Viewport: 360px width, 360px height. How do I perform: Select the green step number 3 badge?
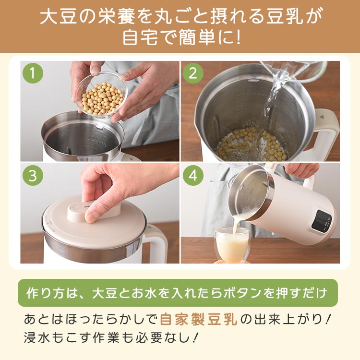pyautogui.click(x=33, y=176)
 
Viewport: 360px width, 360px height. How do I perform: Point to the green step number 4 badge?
pyautogui.click(x=193, y=176)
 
